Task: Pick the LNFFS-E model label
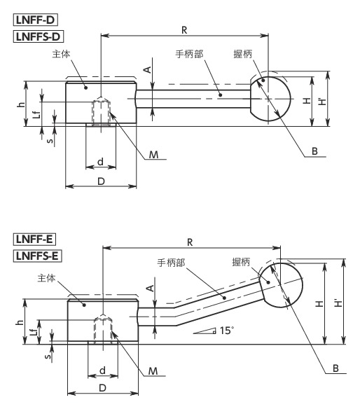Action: tap(39, 256)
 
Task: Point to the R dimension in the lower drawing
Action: tap(191, 241)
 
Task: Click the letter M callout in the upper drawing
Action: tap(153, 154)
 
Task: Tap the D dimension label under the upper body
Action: tap(101, 181)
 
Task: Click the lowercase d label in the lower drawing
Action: tap(102, 370)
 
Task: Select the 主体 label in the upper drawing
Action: tap(60, 53)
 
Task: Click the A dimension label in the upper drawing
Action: tap(147, 69)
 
